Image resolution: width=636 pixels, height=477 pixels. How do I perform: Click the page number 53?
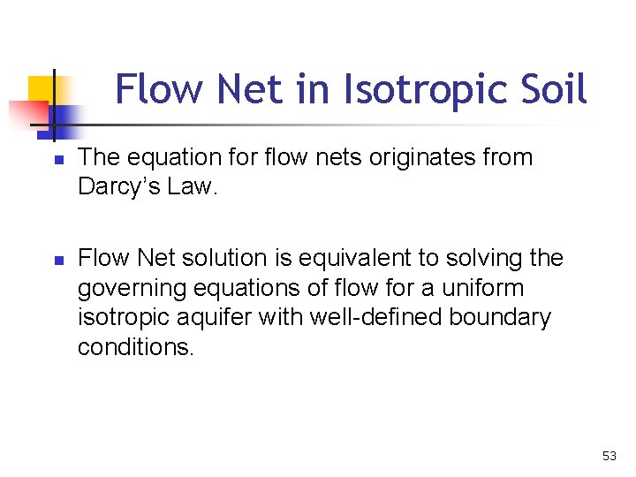pos(609,456)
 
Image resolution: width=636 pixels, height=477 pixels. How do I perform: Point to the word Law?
pos(197,187)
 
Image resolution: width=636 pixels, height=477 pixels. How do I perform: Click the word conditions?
pos(134,346)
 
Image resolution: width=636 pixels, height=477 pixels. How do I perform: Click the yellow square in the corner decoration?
pos(41,89)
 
